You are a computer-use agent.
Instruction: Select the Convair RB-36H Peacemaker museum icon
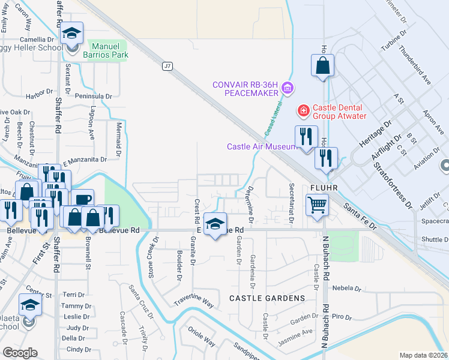[x=287, y=89]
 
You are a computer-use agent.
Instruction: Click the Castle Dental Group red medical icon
[x=304, y=110]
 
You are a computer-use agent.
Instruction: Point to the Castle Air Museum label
[x=261, y=146]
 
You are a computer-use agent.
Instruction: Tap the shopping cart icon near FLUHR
[x=317, y=205]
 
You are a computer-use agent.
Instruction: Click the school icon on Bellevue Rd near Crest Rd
[x=215, y=224]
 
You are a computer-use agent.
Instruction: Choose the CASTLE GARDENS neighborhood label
[x=267, y=298]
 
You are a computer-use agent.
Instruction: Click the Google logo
[x=20, y=353]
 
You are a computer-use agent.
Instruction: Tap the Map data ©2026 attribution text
[x=423, y=355]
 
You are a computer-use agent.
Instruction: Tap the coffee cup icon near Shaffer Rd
[x=83, y=199]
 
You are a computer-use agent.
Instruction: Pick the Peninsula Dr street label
[x=94, y=96]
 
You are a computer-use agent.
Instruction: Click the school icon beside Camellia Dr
[x=71, y=35]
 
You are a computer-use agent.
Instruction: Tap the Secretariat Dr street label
[x=292, y=203]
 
